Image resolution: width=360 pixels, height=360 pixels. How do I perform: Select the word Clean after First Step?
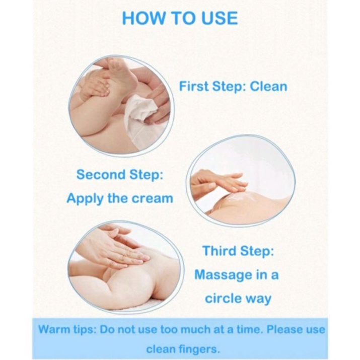coord(268,87)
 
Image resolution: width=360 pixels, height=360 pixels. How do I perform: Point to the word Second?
coord(101,175)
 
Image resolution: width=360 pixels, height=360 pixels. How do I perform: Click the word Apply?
coord(85,199)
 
